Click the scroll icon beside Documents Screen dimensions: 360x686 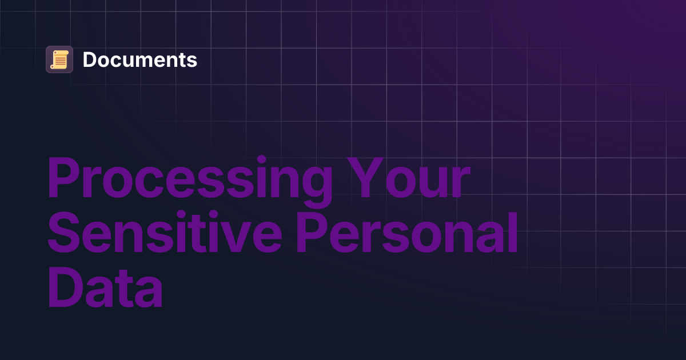[59, 59]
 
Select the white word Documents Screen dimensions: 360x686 [140, 59]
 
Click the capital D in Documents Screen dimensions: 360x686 [89, 59]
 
